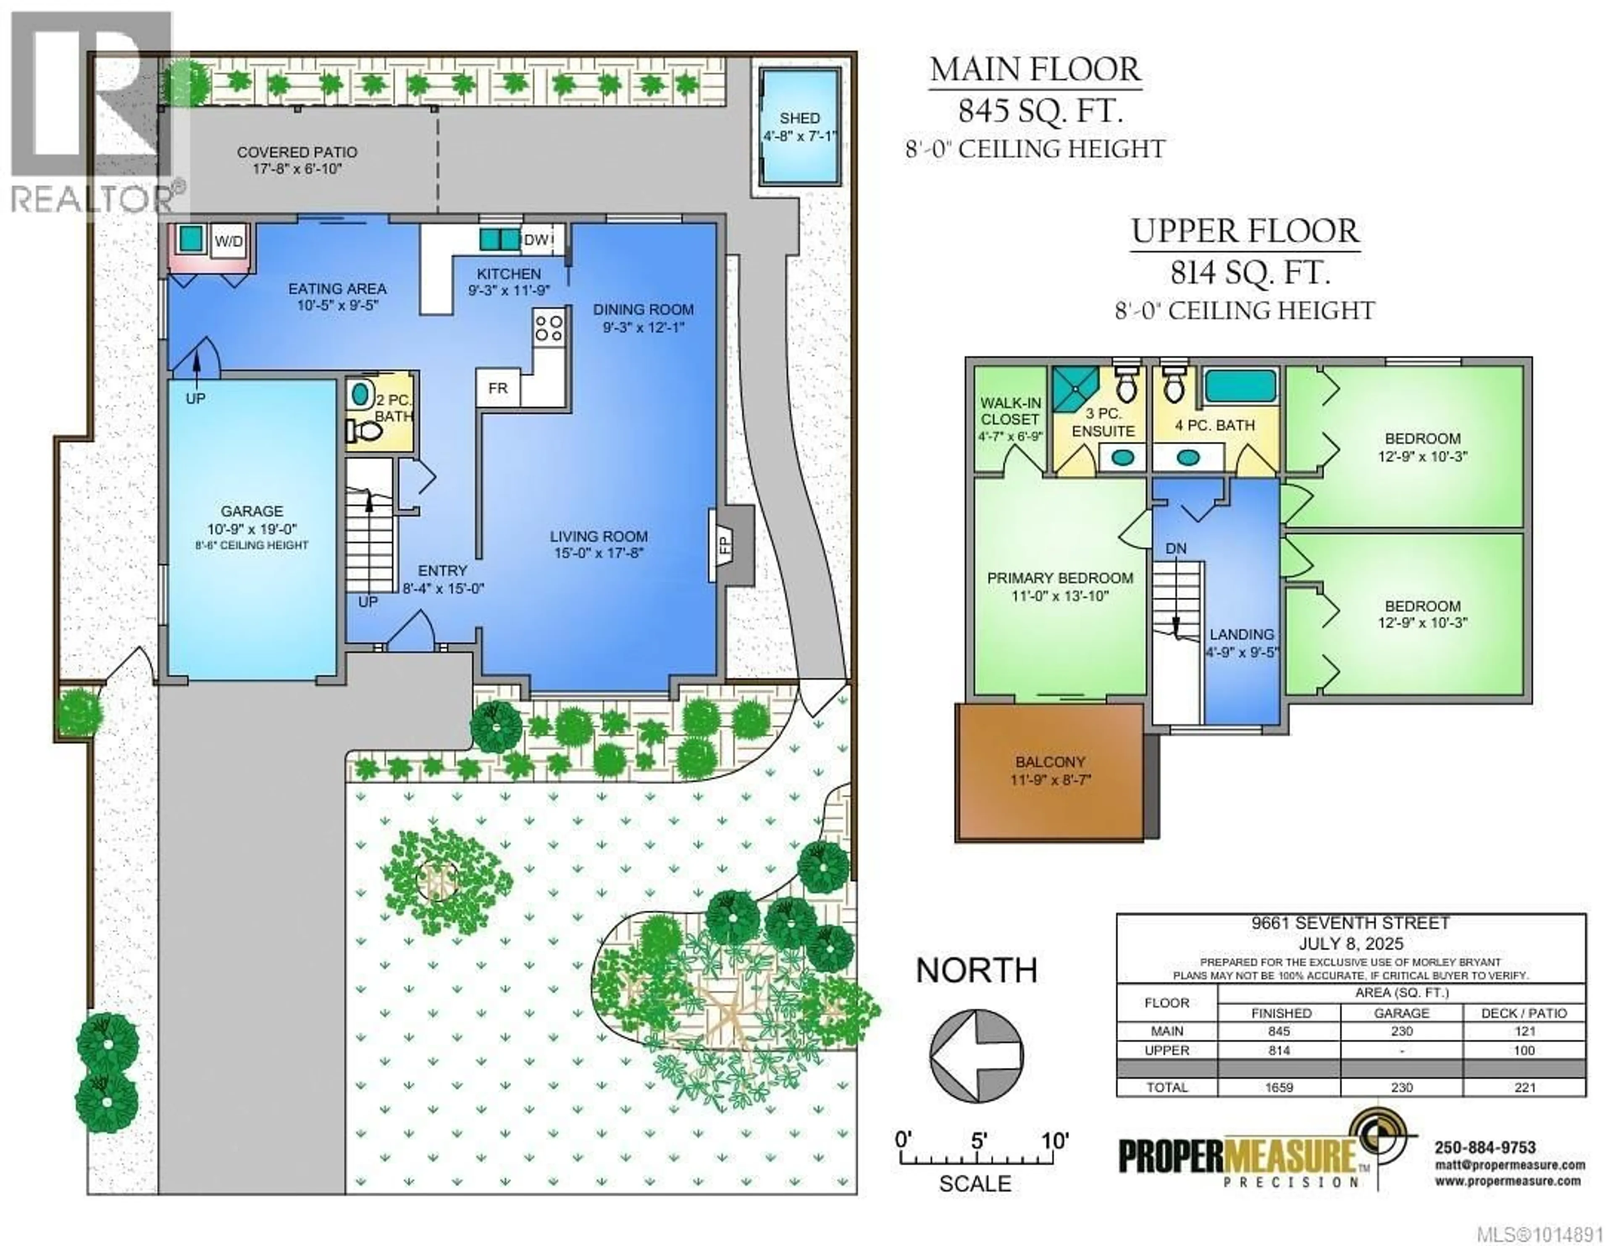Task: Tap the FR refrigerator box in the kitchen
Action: coord(498,388)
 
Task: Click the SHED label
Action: coord(800,118)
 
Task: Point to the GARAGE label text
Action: coord(252,511)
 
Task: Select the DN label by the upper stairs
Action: coord(1177,549)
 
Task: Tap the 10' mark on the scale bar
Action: coord(1055,1141)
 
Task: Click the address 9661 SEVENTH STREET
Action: coord(1351,923)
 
